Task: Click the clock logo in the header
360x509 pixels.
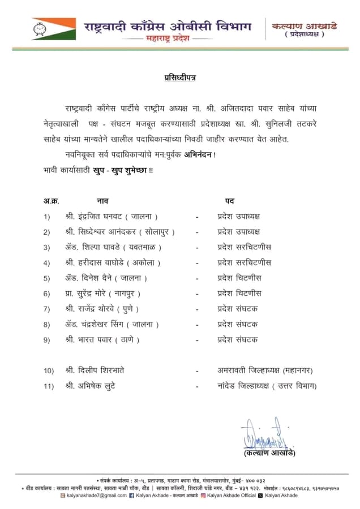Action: pyautogui.click(x=40, y=27)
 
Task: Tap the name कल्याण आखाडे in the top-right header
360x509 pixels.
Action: pyautogui.click(x=305, y=25)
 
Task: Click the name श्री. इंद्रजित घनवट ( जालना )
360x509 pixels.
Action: pyautogui.click(x=111, y=217)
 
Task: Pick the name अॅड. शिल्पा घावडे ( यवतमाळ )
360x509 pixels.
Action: pyautogui.click(x=113, y=247)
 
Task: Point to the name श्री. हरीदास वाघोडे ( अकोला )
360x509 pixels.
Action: pyautogui.click(x=113, y=262)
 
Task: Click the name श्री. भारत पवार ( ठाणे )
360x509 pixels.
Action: pyautogui.click(x=102, y=339)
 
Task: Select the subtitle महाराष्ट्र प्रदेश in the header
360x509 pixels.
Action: pyautogui.click(x=169, y=38)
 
